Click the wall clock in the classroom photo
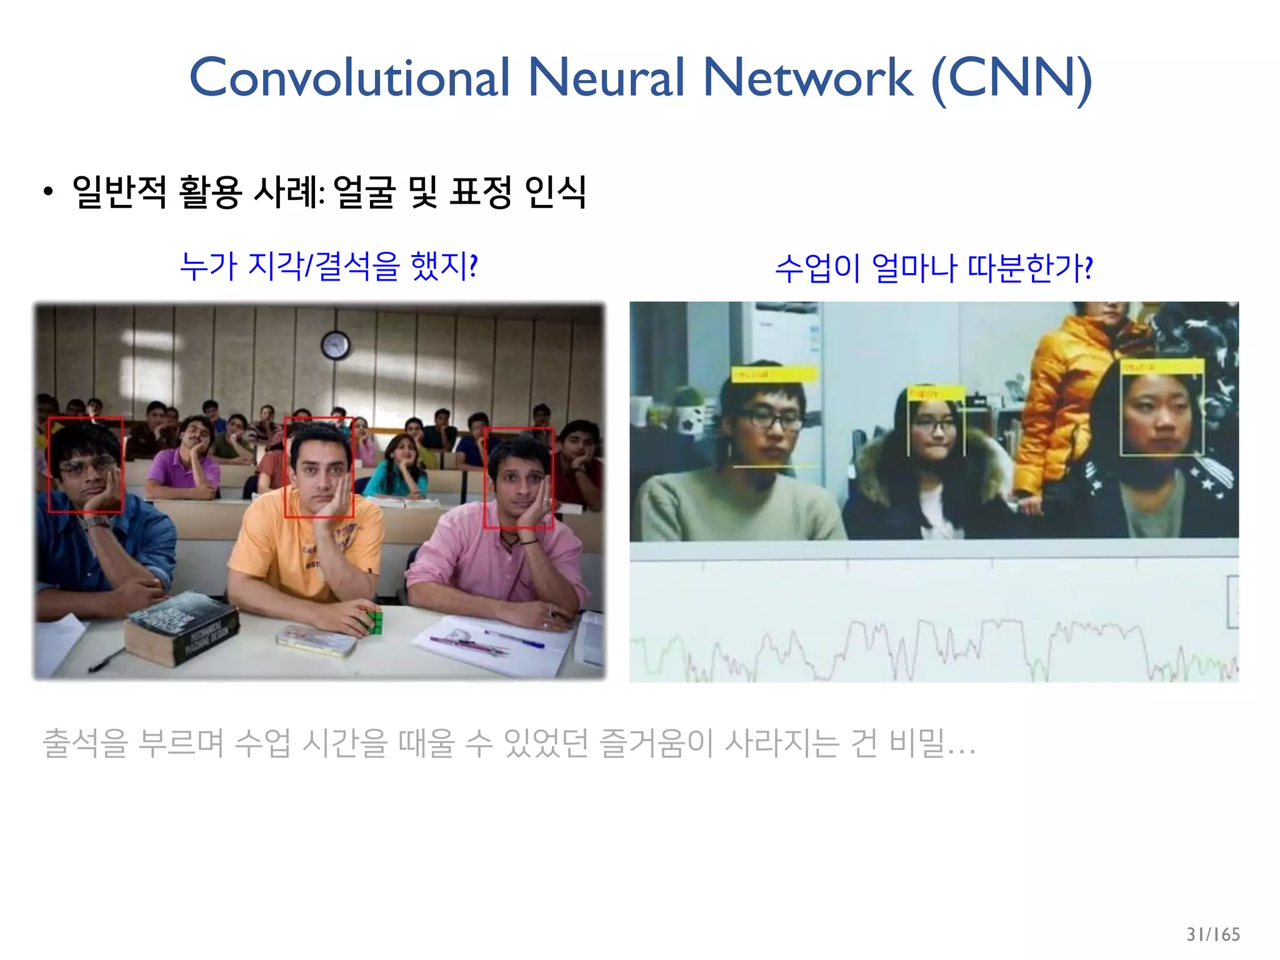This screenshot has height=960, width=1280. click(335, 345)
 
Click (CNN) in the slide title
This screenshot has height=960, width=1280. click(1011, 79)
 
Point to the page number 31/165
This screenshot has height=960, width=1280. click(1212, 934)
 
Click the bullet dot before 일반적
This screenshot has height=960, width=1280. click(48, 192)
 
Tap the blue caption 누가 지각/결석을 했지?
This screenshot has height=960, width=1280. click(329, 266)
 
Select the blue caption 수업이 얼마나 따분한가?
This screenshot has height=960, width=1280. click(934, 267)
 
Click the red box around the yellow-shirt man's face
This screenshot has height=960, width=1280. click(319, 467)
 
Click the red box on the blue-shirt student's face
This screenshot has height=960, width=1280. click(86, 464)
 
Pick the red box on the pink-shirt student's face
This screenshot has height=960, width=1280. click(518, 477)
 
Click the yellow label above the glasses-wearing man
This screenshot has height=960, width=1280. click(774, 374)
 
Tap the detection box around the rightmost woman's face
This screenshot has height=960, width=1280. click(1161, 407)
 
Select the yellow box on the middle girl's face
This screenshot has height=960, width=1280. click(936, 422)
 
